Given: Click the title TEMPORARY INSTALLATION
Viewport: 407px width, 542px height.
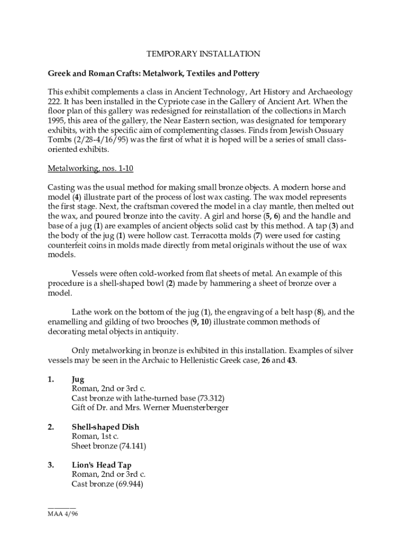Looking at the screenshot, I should (203, 53).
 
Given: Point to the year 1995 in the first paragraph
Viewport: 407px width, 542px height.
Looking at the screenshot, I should (57, 121).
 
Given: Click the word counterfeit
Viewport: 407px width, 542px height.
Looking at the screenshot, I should (68, 245).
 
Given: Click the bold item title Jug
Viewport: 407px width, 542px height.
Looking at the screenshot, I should (78, 379).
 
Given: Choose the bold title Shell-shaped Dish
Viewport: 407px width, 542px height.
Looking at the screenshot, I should (105, 427).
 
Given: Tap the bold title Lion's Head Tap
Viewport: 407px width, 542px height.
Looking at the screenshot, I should (101, 465).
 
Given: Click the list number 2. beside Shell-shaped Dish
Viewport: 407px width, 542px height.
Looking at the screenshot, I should (51, 427).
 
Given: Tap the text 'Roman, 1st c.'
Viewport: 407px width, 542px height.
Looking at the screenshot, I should (95, 436).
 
